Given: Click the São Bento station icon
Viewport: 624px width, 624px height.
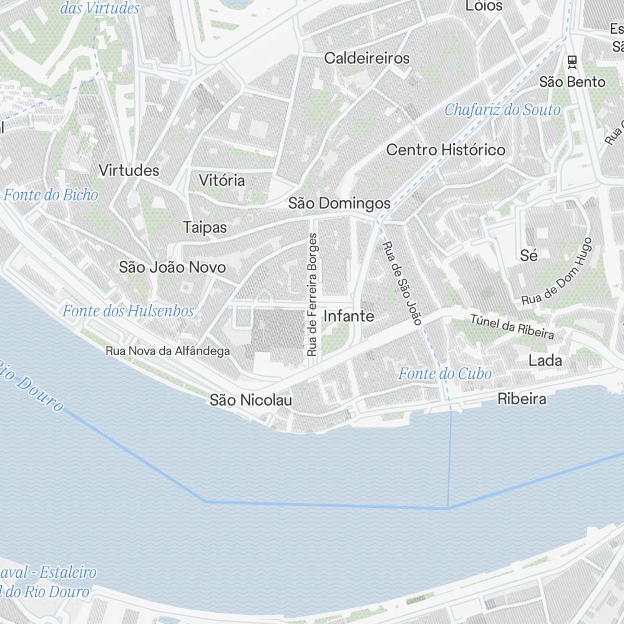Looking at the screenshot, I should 572,61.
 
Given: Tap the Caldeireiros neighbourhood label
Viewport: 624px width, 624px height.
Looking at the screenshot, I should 367,58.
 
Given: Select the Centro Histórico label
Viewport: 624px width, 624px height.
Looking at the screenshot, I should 446,150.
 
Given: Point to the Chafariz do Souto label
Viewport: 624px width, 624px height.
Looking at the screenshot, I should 502,110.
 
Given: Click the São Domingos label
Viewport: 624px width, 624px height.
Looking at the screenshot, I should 339,203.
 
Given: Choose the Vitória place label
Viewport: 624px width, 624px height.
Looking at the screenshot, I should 222,180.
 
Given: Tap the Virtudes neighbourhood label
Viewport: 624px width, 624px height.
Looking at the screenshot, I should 129,170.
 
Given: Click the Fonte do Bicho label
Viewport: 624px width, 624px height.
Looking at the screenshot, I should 51,195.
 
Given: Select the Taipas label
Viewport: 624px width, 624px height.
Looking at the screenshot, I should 205,227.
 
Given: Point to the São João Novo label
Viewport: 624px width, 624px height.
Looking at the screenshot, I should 172,267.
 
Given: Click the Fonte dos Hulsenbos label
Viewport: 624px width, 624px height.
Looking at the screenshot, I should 128,311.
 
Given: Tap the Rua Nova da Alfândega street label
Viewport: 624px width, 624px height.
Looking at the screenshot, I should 167,351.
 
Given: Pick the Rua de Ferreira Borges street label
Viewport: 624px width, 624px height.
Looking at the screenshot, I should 312,295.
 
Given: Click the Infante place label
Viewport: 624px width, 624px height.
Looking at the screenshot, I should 349,316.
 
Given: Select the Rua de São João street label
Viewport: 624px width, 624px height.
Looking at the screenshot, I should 402,283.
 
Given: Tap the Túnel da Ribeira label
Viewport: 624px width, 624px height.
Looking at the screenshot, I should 512,327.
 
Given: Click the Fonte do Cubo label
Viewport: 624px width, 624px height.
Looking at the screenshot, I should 445,374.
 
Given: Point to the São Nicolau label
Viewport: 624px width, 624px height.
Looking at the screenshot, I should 250,400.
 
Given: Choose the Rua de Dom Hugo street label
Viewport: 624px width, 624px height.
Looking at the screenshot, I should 557,271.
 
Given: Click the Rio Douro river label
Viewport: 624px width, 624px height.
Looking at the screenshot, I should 31,384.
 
